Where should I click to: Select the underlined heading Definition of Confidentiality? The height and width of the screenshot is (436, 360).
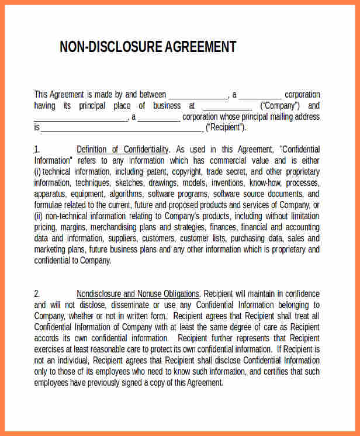tap(123, 150)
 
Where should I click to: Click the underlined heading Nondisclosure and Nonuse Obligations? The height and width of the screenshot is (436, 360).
tap(138, 293)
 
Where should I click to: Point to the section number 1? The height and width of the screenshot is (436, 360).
tap(37, 150)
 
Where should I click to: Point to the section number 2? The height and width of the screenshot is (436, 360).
tap(37, 293)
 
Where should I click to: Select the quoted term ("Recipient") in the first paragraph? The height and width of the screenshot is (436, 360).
tap(226, 127)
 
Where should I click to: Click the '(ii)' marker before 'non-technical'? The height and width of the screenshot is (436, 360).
tap(39, 216)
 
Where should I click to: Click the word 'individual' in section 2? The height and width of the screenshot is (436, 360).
tap(68, 360)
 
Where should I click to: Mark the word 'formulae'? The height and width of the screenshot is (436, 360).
tap(49, 205)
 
